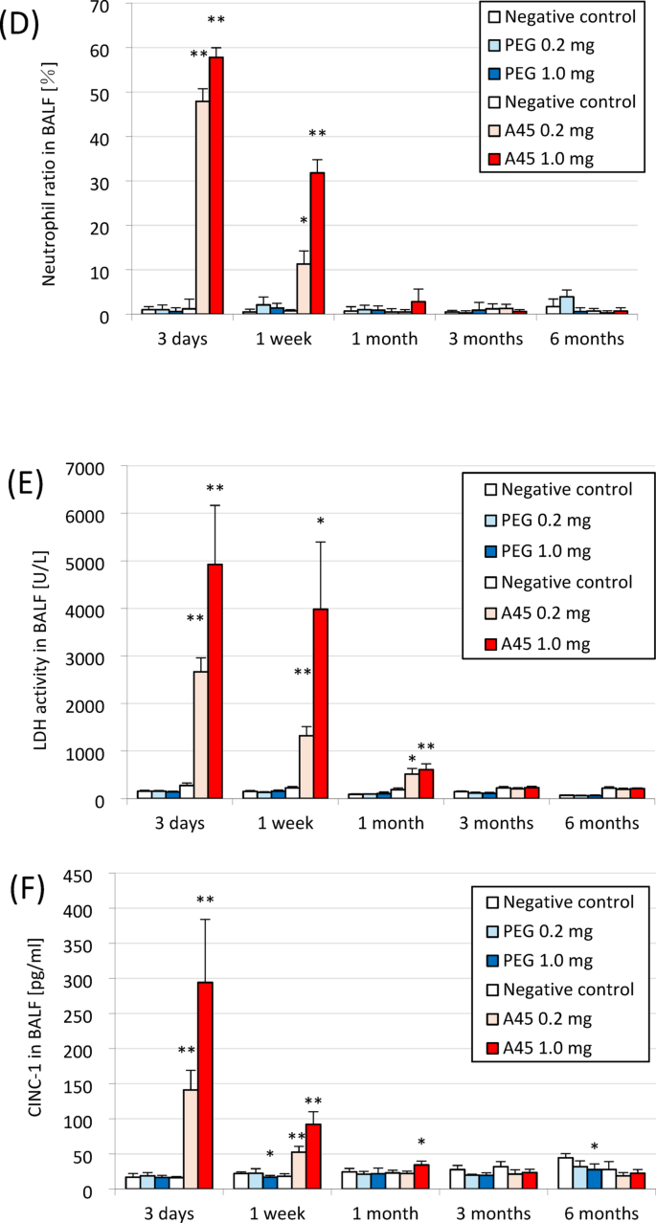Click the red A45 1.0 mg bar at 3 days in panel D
pos(216,186)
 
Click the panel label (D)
pos(20,23)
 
